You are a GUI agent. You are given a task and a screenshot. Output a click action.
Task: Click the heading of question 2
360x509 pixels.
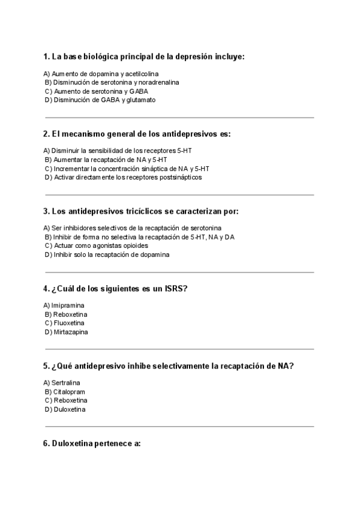(137, 134)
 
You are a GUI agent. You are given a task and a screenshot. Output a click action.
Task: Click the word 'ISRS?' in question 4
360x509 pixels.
(176, 289)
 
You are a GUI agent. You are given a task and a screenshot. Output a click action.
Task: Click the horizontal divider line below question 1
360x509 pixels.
(179, 118)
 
